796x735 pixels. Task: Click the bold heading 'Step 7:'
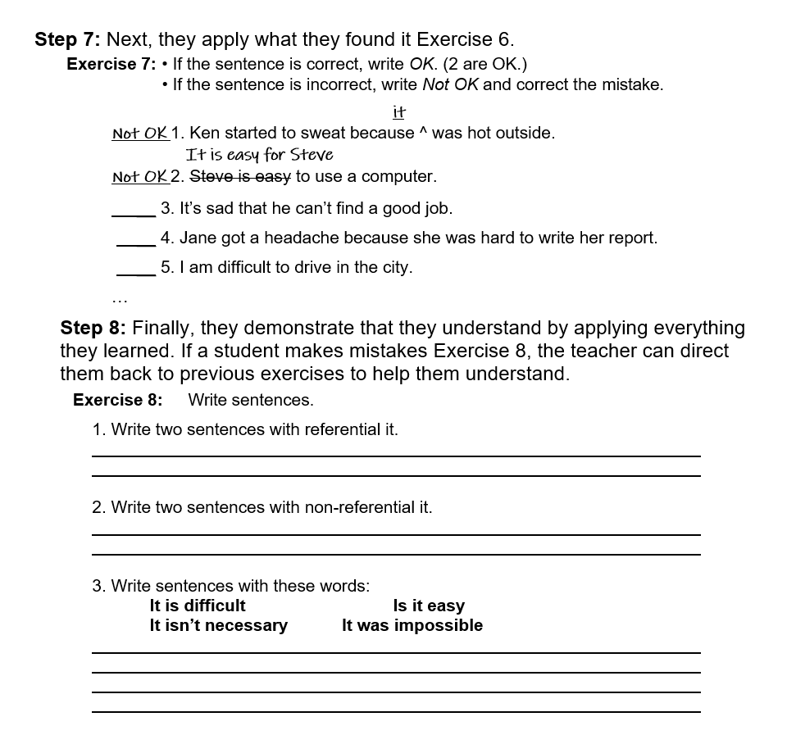click(68, 39)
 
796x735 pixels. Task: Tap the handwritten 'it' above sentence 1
click(399, 112)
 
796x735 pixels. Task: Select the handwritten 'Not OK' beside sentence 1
click(139, 133)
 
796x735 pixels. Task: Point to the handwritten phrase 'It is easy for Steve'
click(259, 155)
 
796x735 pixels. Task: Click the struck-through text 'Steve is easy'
click(240, 176)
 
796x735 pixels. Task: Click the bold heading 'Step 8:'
click(93, 329)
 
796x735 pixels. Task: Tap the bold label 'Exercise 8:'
click(117, 400)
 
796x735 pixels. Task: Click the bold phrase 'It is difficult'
click(198, 606)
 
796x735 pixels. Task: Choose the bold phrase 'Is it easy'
click(429, 606)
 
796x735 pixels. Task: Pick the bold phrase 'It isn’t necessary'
click(218, 625)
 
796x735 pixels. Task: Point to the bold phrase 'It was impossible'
click(412, 625)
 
